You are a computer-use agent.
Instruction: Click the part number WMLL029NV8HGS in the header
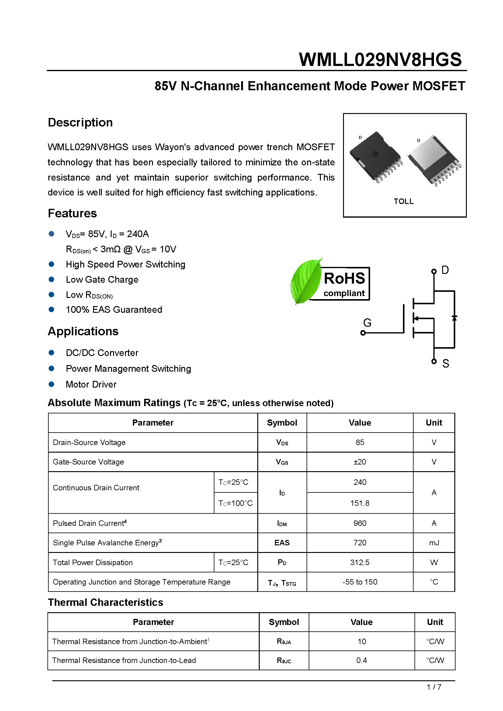380,60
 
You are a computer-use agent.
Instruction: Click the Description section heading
80,122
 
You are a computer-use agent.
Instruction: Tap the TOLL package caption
404,201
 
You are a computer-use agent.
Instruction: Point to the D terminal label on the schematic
445,270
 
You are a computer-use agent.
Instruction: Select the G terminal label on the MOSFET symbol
367,323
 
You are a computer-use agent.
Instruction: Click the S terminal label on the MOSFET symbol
446,364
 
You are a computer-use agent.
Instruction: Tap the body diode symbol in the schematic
454,318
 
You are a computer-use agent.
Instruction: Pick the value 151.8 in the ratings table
360,503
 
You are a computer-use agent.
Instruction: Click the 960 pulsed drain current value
360,523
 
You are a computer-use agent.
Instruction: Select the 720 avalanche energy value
360,543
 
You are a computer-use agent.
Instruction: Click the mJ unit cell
434,543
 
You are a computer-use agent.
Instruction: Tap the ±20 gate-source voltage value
360,462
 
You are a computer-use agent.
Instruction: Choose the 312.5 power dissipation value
360,562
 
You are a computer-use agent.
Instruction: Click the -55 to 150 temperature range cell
360,582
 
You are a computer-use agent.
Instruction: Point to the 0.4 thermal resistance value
362,661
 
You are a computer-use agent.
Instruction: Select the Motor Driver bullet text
91,385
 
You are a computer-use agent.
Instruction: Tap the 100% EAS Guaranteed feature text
114,310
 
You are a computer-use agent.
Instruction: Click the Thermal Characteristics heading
105,602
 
